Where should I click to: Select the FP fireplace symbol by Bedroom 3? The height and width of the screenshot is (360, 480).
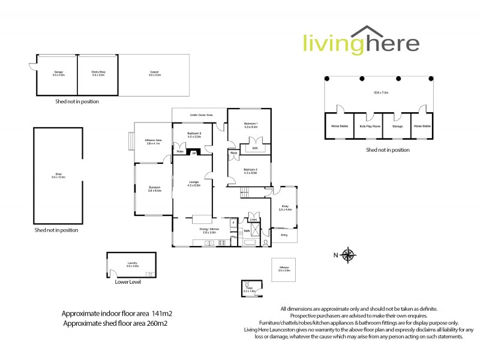[x=193, y=153]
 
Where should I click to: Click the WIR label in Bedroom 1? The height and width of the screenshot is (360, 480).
[x=254, y=147]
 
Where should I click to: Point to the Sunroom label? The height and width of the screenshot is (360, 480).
[x=154, y=189]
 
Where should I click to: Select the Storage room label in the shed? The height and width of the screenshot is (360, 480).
[x=397, y=126]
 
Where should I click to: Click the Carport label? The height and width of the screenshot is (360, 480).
[x=154, y=73]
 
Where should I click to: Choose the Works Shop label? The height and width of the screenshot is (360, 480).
[x=98, y=73]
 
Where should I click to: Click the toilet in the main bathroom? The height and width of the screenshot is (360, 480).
[x=265, y=243]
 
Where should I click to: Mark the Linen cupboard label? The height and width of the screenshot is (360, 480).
[x=253, y=220]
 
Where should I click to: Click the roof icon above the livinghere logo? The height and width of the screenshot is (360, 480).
[x=367, y=32]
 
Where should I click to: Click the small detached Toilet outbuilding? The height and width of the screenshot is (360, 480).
[x=248, y=287]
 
